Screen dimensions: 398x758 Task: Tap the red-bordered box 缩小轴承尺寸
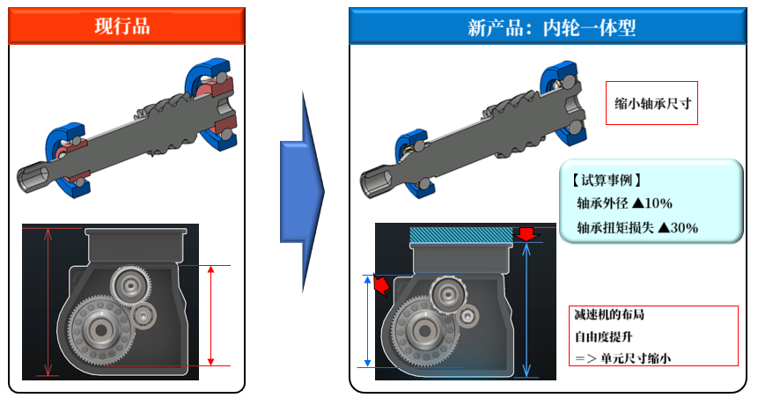[x=652, y=103]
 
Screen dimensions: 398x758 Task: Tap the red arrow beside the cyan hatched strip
[x=526, y=234]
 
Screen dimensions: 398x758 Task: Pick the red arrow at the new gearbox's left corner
[x=381, y=285]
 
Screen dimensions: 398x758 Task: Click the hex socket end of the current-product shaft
[x=33, y=178]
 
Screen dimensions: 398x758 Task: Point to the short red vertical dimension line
[x=211, y=314]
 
